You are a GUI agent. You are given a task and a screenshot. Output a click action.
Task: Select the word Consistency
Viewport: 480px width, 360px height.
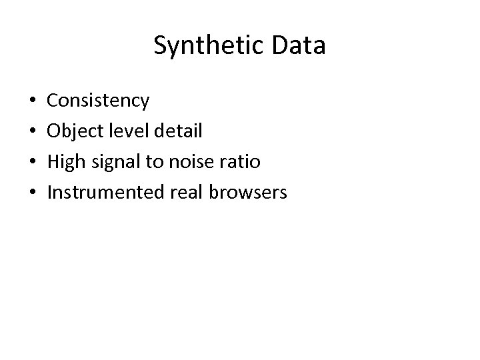click(99, 101)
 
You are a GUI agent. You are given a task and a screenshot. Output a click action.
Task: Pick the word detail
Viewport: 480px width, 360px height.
click(177, 131)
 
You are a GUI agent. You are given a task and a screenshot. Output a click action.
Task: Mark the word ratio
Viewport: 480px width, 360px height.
click(239, 163)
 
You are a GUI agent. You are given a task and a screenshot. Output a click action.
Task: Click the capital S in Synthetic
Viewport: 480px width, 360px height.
click(160, 46)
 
